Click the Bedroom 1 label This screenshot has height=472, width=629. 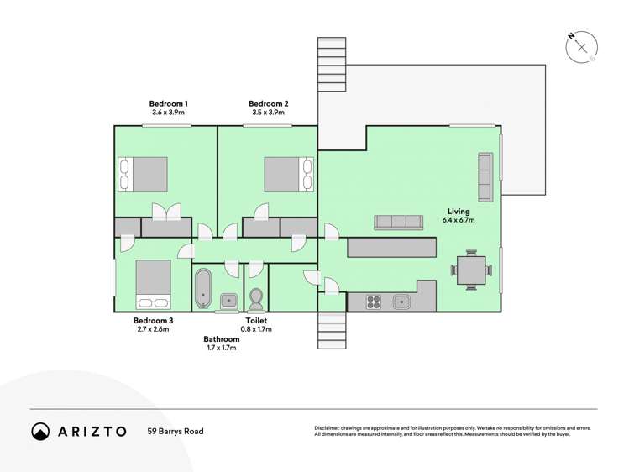[169, 104]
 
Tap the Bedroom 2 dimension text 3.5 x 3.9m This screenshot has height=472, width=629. [269, 113]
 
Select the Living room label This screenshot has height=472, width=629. [459, 212]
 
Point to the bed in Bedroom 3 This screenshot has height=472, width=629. [153, 285]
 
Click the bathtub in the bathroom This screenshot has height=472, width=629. [203, 288]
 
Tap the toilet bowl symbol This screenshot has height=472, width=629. [256, 298]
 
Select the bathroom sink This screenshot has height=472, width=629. [229, 301]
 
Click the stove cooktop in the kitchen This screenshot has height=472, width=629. [374, 302]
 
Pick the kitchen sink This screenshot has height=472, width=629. [401, 302]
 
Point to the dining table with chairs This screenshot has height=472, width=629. [471, 270]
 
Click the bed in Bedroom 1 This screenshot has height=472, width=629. [144, 175]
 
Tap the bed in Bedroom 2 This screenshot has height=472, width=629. [289, 175]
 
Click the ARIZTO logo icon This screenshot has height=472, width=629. [40, 432]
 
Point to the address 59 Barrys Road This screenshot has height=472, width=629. [176, 432]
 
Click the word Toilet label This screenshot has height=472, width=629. [256, 321]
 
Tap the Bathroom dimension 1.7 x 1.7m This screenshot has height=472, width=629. [222, 348]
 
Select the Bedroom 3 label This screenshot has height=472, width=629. [153, 321]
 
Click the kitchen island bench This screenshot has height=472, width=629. [391, 248]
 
